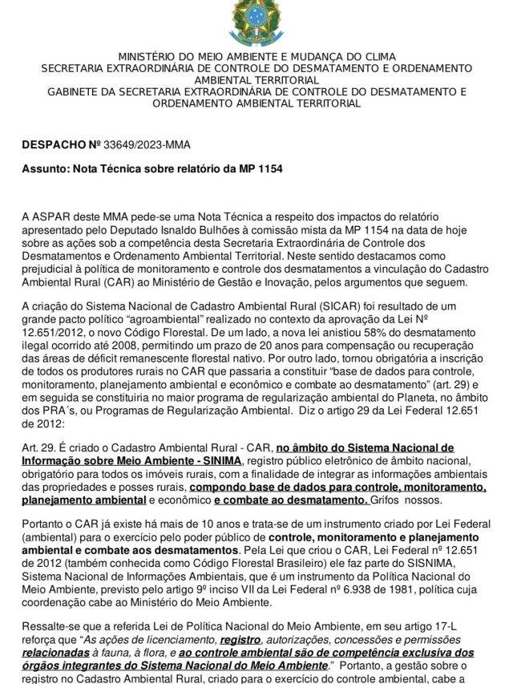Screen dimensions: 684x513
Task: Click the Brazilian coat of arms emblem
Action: coord(255,22)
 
